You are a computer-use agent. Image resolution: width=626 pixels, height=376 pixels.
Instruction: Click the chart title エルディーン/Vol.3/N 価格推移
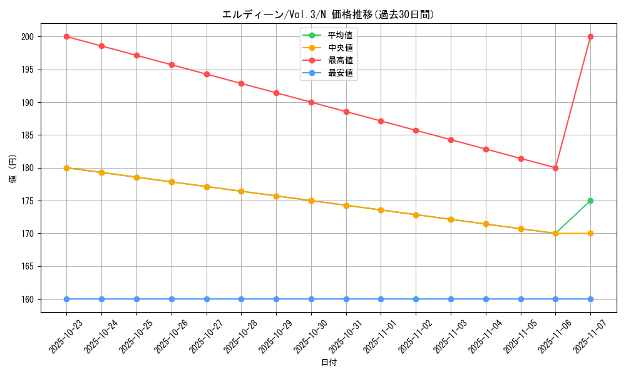coord(328,14)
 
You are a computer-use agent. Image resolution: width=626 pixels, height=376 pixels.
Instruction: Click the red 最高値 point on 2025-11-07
coord(590,36)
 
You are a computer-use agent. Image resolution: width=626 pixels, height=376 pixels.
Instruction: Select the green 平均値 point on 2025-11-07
coord(590,201)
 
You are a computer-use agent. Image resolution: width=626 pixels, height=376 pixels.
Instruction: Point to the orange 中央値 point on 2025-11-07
coord(590,233)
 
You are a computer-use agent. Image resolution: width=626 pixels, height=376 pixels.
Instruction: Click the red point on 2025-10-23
coord(66,36)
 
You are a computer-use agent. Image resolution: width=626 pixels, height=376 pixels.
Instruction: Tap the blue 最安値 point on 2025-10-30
coord(311,299)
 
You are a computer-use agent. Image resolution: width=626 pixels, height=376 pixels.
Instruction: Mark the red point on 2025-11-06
coord(555,168)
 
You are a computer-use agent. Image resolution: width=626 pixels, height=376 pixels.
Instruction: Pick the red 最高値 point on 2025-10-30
coord(311,102)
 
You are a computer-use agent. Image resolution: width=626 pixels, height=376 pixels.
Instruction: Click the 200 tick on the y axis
coord(28,37)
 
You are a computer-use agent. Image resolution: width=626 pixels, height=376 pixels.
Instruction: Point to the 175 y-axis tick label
coord(28,201)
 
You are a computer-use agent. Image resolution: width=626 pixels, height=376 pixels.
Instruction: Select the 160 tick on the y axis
coord(28,300)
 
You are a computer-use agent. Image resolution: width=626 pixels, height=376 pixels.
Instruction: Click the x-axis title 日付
coord(329,363)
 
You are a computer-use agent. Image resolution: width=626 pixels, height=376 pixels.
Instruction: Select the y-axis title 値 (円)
coord(13,168)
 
